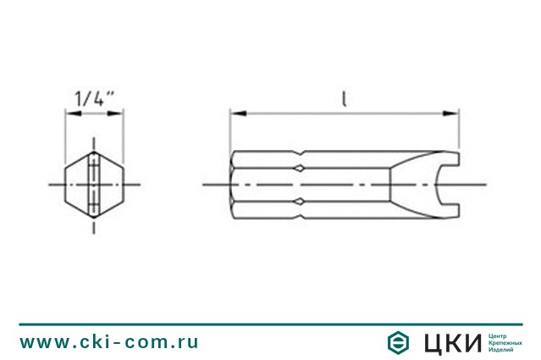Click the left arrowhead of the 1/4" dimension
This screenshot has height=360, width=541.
(69, 111)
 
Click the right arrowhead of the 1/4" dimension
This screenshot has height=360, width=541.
(119, 111)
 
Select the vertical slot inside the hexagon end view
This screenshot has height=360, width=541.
(94, 183)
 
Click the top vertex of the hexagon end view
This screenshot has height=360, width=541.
(94, 152)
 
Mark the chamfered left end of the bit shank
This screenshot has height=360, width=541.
(235, 184)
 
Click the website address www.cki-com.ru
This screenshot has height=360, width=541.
(109, 341)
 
